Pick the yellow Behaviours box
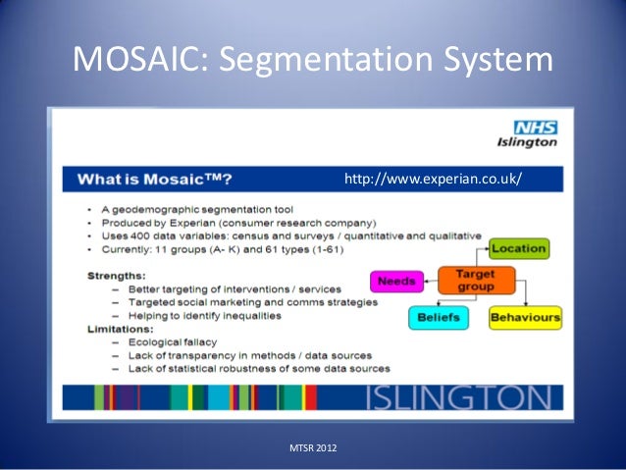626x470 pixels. tap(525, 318)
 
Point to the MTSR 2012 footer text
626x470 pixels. tap(313, 448)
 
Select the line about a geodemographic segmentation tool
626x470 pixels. tap(201, 210)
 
